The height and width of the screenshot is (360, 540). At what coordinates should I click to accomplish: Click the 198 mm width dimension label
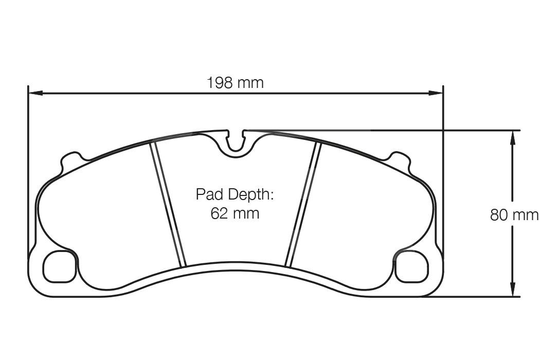[235, 82]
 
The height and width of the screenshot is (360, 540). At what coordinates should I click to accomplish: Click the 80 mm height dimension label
[514, 214]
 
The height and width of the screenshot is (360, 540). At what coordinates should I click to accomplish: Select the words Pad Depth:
[235, 194]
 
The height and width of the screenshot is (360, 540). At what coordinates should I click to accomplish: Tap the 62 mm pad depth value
[235, 213]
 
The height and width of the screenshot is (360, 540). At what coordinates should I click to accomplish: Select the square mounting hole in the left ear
[59, 267]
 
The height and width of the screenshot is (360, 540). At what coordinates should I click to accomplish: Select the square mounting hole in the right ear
[411, 267]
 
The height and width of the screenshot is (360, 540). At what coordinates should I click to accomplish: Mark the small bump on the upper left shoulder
[71, 158]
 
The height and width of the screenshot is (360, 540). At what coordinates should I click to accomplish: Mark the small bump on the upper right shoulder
[400, 158]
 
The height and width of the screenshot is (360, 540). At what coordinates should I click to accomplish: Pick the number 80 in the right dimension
[499, 214]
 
